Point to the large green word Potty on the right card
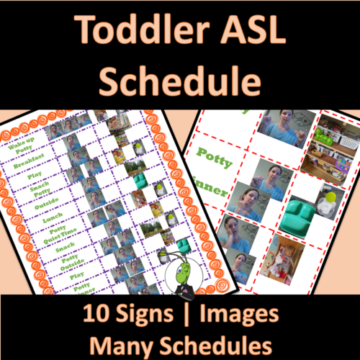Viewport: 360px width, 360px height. [214, 161]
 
